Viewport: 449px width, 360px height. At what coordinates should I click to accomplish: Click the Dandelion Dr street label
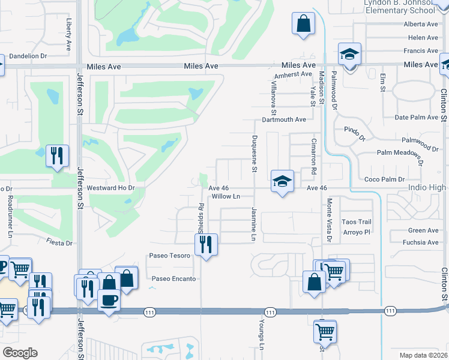point(28,56)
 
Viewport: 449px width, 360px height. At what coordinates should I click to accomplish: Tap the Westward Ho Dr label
point(112,188)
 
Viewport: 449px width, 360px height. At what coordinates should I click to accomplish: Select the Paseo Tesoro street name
point(170,256)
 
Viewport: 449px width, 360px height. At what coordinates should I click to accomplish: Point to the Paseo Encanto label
point(173,278)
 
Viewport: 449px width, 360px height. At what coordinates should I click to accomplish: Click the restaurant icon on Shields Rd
point(206,244)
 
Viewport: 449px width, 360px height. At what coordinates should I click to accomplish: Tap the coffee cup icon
point(109,299)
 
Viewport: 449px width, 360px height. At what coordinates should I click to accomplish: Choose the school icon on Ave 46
point(282,181)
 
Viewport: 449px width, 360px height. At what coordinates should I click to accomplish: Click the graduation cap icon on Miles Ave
point(349,55)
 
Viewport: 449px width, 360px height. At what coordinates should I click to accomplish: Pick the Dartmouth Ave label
point(284,119)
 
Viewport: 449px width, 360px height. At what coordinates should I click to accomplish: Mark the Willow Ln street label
point(226,196)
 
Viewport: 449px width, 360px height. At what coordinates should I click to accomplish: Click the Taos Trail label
point(357,222)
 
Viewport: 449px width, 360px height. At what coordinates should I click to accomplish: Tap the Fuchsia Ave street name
point(423,242)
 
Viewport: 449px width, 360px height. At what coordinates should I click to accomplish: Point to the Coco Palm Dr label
point(385,179)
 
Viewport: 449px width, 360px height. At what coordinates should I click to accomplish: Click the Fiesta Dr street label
point(59,243)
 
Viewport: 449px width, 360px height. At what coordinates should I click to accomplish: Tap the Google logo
point(20,352)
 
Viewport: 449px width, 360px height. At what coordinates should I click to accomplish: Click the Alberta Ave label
point(421,24)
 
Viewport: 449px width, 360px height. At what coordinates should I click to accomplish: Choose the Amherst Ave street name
point(294,74)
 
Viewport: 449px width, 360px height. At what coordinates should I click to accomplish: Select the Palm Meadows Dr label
point(400,157)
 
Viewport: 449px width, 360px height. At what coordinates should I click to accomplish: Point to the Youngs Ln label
point(262,335)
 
